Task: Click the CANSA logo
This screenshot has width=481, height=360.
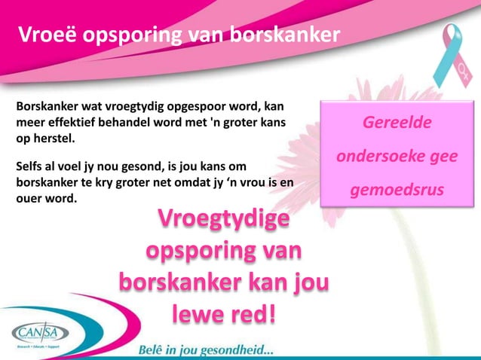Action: tap(40, 333)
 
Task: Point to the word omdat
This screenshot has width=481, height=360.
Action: tap(195, 182)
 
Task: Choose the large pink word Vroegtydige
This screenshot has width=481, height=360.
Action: tap(224, 222)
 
